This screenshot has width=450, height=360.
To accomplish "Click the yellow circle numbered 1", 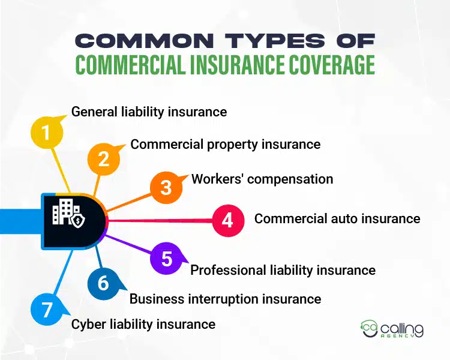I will click(x=46, y=131).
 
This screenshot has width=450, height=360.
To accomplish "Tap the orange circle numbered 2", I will click(x=103, y=159).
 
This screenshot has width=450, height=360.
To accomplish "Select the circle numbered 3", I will click(x=166, y=187).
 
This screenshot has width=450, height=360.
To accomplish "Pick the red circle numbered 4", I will click(x=228, y=220).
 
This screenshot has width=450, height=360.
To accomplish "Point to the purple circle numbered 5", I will click(x=166, y=259).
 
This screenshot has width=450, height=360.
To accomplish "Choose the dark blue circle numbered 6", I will click(x=103, y=282).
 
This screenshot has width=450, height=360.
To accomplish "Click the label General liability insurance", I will click(x=149, y=112).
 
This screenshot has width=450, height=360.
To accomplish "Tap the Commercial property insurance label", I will click(x=225, y=144).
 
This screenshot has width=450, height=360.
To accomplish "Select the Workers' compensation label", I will click(x=262, y=179).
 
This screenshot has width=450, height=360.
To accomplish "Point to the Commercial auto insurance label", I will click(x=337, y=218).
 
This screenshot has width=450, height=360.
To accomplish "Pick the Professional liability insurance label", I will click(x=283, y=270).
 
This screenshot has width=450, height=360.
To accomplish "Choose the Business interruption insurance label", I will click(x=225, y=298).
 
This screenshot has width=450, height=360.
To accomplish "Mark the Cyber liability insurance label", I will click(x=143, y=324).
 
